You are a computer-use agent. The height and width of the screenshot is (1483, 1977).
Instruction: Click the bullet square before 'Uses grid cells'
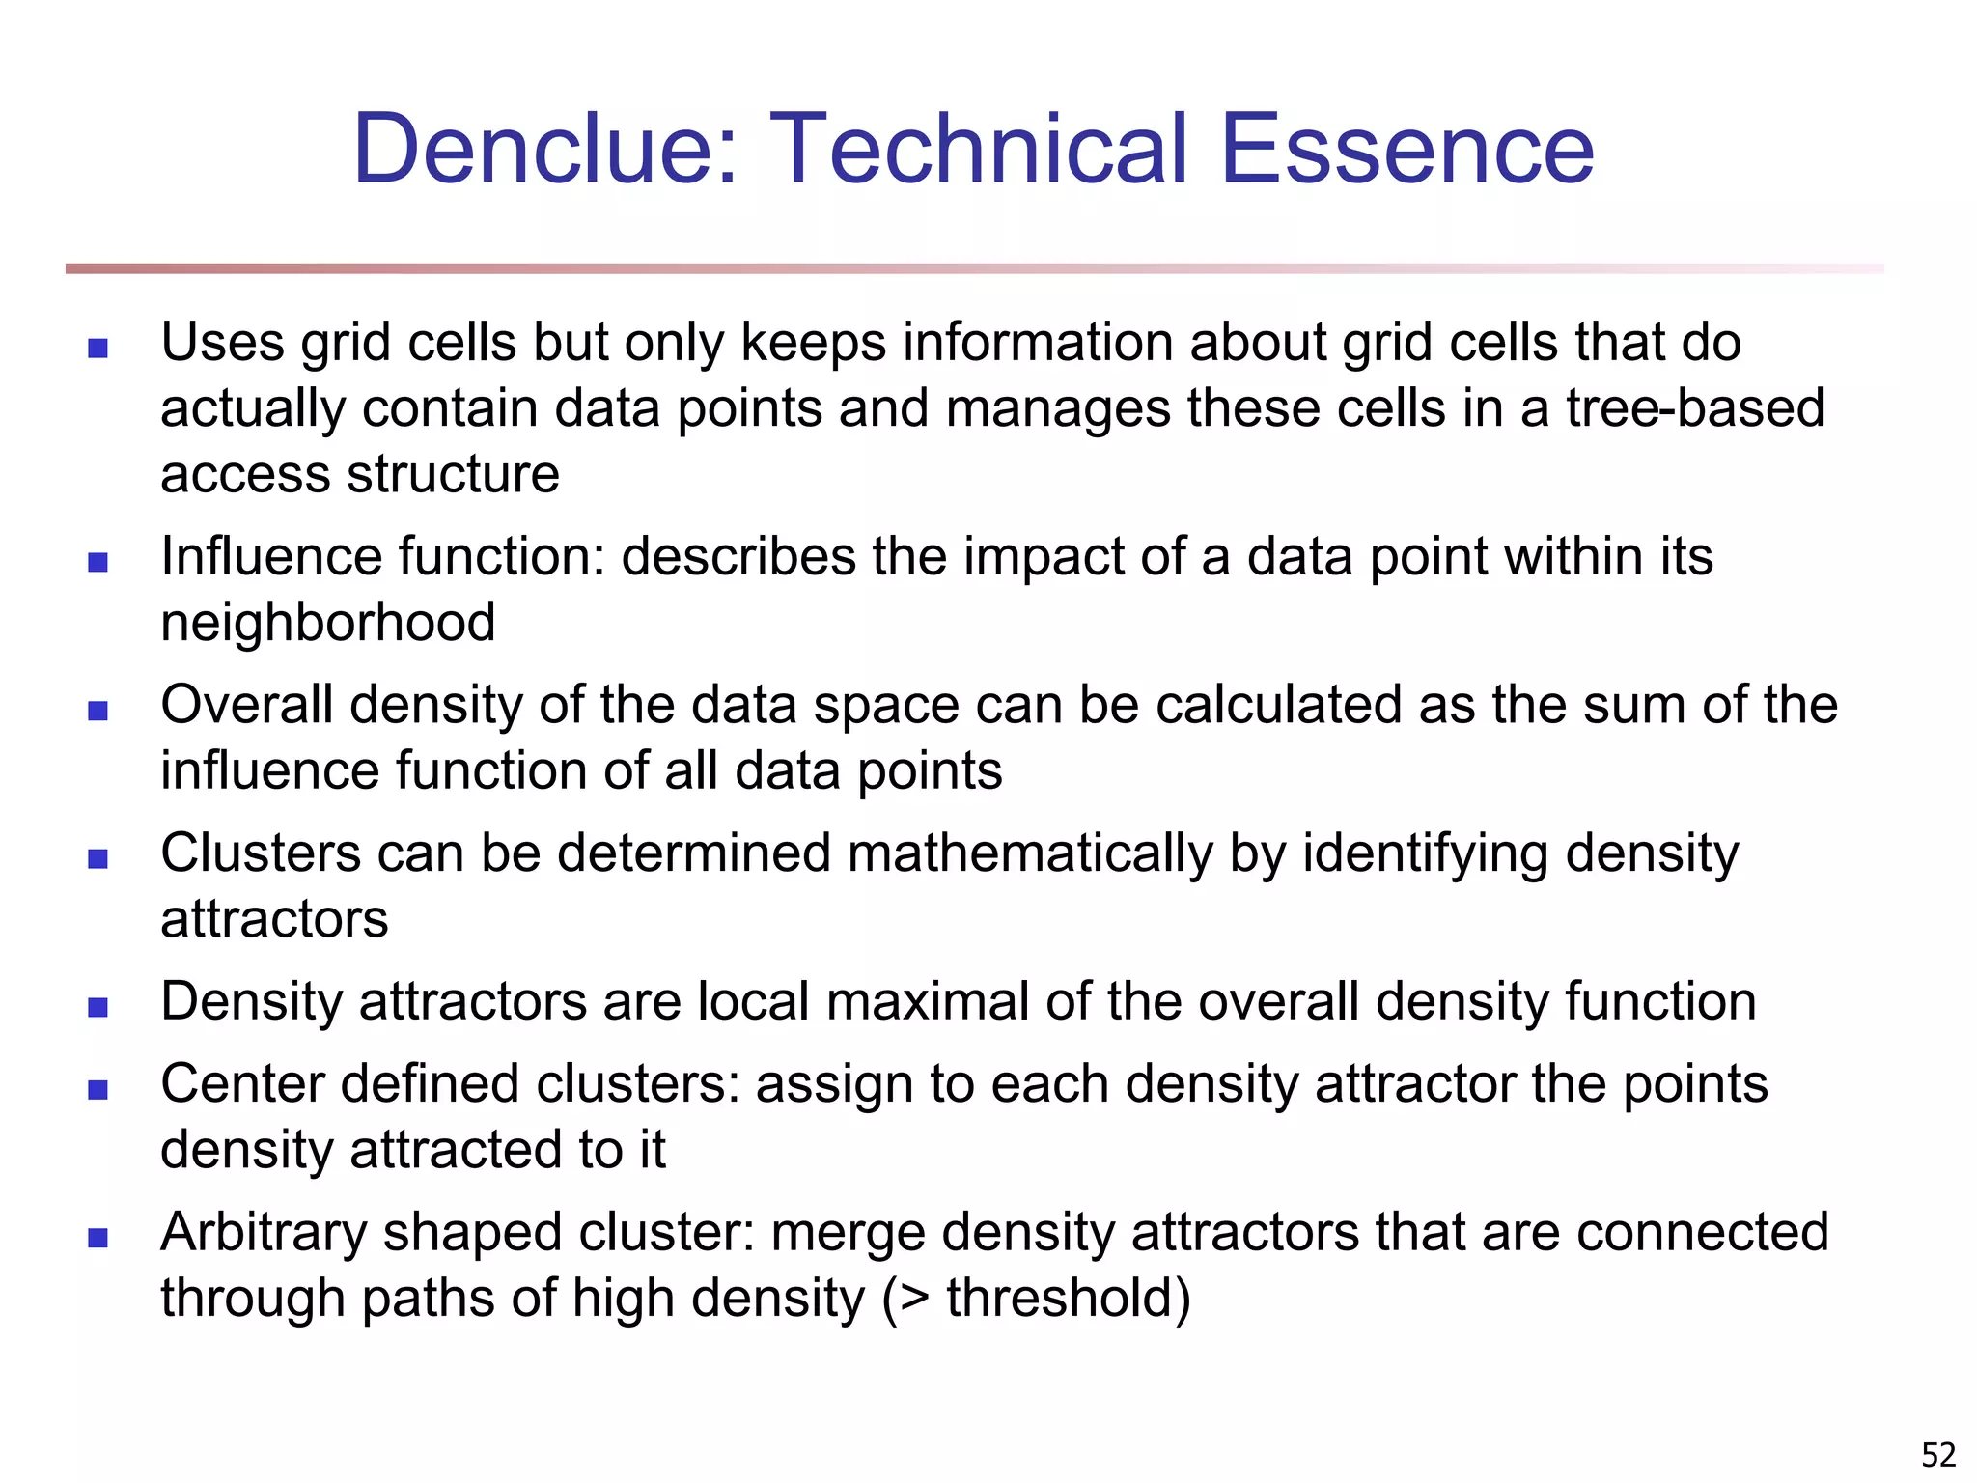click(x=97, y=348)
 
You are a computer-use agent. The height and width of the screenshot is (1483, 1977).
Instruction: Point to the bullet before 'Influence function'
click(x=97, y=562)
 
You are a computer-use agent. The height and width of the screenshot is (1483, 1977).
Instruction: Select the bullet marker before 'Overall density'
click(x=97, y=711)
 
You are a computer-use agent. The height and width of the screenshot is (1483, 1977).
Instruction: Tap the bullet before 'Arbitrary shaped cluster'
click(x=97, y=1238)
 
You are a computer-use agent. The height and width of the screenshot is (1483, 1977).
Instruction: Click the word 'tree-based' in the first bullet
click(x=1695, y=408)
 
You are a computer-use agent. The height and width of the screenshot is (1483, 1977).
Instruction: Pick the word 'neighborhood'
click(x=328, y=623)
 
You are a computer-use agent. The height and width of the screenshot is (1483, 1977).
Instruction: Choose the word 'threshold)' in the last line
click(x=1069, y=1299)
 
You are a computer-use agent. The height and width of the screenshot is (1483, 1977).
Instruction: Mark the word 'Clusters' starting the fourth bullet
click(x=260, y=854)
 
